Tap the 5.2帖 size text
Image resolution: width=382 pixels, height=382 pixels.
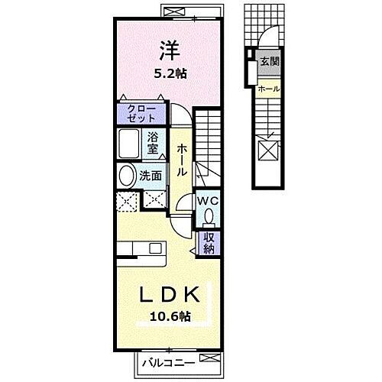[168, 73]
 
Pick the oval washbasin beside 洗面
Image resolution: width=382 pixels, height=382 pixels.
[125, 176]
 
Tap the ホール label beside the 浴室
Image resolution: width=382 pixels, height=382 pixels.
[182, 161]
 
